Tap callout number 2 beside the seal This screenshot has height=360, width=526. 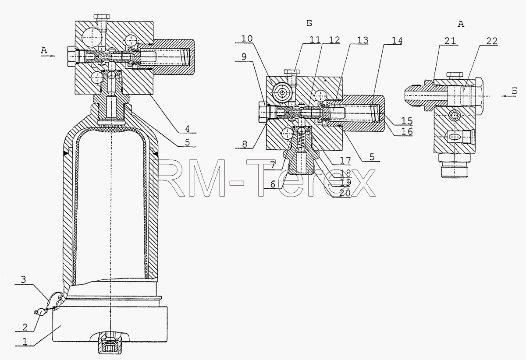(x=25, y=327)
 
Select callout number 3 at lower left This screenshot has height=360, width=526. (x=23, y=279)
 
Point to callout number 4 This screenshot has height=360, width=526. (x=187, y=129)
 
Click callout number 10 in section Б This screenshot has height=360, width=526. (x=247, y=39)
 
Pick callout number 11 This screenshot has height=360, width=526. (x=315, y=40)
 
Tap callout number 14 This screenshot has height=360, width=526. (x=397, y=41)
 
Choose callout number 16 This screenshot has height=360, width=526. (x=407, y=131)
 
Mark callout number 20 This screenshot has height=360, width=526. (x=345, y=193)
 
